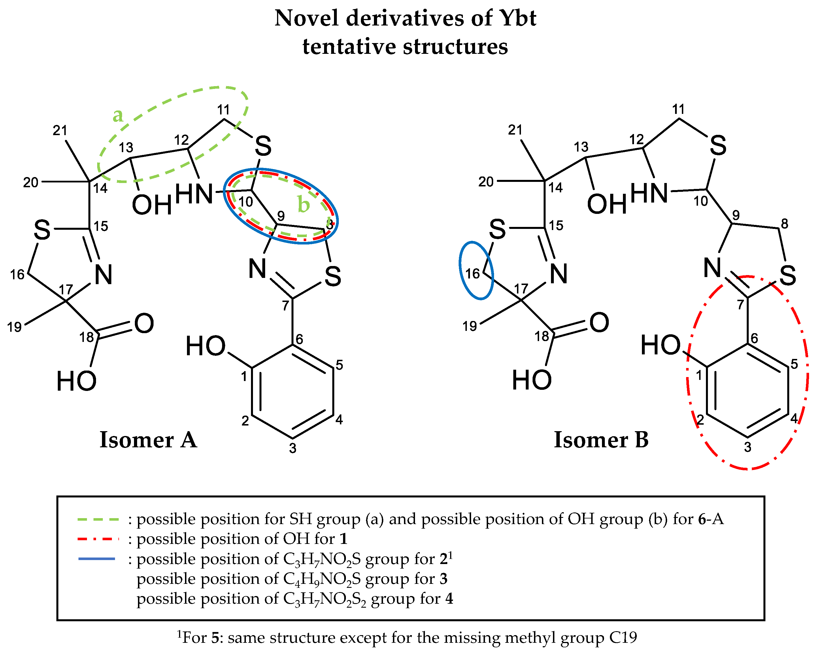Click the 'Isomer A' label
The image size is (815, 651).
148,440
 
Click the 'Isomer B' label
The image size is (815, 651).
601,440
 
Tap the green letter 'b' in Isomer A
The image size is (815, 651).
304,204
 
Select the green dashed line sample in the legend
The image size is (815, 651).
98,520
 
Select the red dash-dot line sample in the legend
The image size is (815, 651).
98,539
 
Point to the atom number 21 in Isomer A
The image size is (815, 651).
60,130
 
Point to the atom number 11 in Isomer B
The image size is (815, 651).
678,109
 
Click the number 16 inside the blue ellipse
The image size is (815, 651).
473,273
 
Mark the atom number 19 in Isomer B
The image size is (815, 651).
470,326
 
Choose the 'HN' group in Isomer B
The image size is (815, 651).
649,193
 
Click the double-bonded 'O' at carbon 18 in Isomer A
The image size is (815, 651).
144,323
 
